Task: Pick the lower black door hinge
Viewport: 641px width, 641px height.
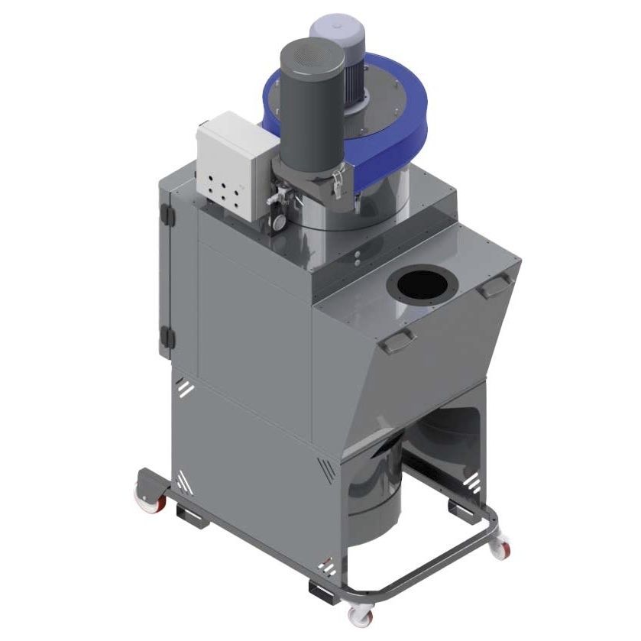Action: click(167, 337)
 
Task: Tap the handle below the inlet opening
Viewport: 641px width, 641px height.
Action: click(397, 342)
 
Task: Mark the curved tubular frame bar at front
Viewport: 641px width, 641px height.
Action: click(451, 565)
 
